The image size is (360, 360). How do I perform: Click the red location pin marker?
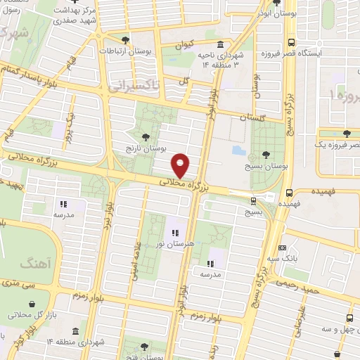tap(181, 165)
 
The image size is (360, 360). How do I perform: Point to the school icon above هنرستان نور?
tap(174, 231)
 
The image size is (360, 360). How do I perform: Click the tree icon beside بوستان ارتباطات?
tap(126, 39)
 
